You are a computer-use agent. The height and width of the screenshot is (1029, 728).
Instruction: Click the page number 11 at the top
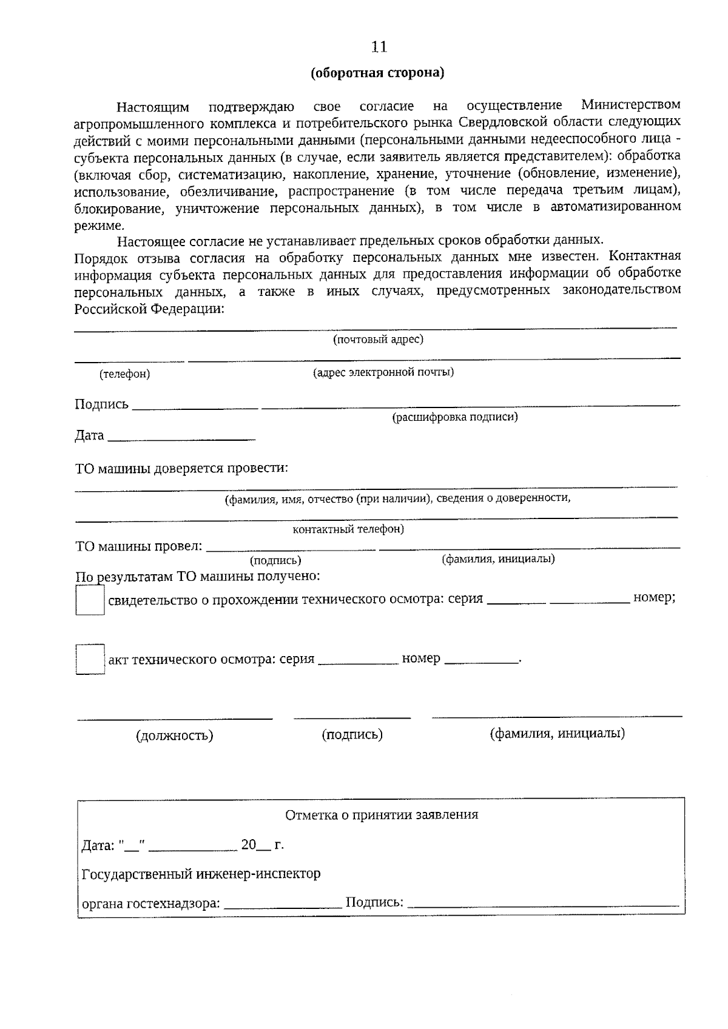(x=379, y=47)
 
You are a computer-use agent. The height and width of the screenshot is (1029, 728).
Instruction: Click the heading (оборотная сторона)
(x=377, y=73)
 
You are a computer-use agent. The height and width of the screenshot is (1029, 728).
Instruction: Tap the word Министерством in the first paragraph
(x=630, y=105)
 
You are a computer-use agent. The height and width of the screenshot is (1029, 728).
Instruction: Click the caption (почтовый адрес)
(x=378, y=340)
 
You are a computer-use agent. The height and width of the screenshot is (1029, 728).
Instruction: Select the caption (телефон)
(x=124, y=374)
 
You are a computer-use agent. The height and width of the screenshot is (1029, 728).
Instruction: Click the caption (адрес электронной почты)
(x=383, y=372)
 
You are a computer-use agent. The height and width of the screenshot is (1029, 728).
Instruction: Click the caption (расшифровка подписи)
(x=455, y=417)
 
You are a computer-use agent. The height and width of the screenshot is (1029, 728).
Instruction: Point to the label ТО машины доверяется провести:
(x=181, y=469)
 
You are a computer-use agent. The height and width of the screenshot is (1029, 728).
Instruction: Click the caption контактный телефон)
(x=348, y=529)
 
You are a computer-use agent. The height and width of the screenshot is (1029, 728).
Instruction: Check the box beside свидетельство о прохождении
(x=90, y=602)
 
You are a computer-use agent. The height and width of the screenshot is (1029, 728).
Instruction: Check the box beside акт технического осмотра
(x=90, y=659)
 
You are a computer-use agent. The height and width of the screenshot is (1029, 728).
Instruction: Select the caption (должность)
(x=175, y=736)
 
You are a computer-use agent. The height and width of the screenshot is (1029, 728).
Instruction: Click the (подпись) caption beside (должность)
(x=352, y=734)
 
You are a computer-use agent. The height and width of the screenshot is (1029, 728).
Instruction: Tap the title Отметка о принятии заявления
(x=382, y=815)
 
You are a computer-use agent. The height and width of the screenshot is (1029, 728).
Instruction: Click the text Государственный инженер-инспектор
(x=201, y=874)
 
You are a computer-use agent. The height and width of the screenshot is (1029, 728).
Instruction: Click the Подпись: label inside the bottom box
(x=374, y=902)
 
